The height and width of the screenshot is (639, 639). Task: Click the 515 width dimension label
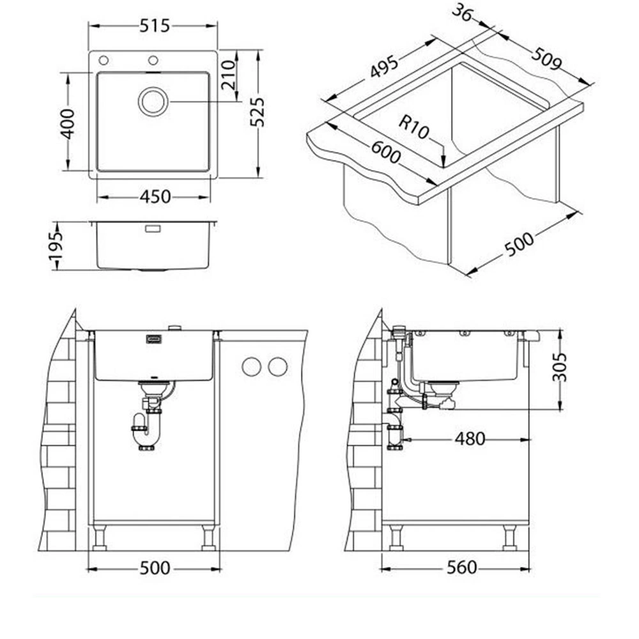pos(155,26)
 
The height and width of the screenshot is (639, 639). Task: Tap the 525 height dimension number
pos(258,112)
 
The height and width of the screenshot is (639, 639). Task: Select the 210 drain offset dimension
pos(229,75)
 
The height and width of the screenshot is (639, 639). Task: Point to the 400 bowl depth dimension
pos(68,124)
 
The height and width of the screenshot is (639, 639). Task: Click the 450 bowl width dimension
pos(155,197)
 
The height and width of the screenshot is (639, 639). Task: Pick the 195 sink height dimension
pos(56,247)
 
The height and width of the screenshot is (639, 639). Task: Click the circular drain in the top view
pos(153,102)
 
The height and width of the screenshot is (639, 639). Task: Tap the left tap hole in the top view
pos(104,60)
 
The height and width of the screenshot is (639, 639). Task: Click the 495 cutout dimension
pos(383,66)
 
